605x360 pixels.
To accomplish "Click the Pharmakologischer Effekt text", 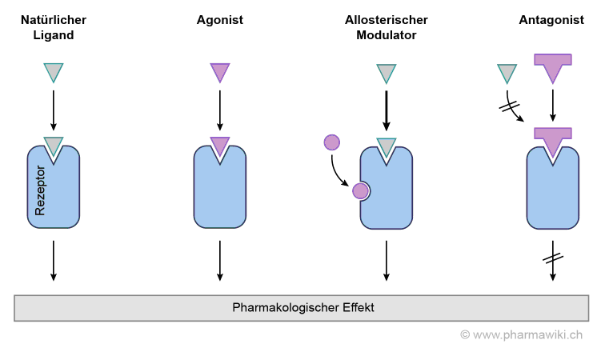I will pos(302,307).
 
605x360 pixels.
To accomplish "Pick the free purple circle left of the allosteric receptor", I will pos(332,142).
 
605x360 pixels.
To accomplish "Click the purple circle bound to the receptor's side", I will pos(361,190).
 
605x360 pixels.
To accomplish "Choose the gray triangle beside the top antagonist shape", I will pos(507,74).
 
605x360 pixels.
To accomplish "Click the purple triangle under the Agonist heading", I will pos(219,72).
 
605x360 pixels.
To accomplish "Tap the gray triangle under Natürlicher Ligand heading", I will pos(54,72).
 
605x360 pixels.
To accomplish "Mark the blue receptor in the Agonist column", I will pos(219,189).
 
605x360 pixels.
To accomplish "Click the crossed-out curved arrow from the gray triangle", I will pos(510,106).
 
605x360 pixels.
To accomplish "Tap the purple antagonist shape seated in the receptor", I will pos(552,138).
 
